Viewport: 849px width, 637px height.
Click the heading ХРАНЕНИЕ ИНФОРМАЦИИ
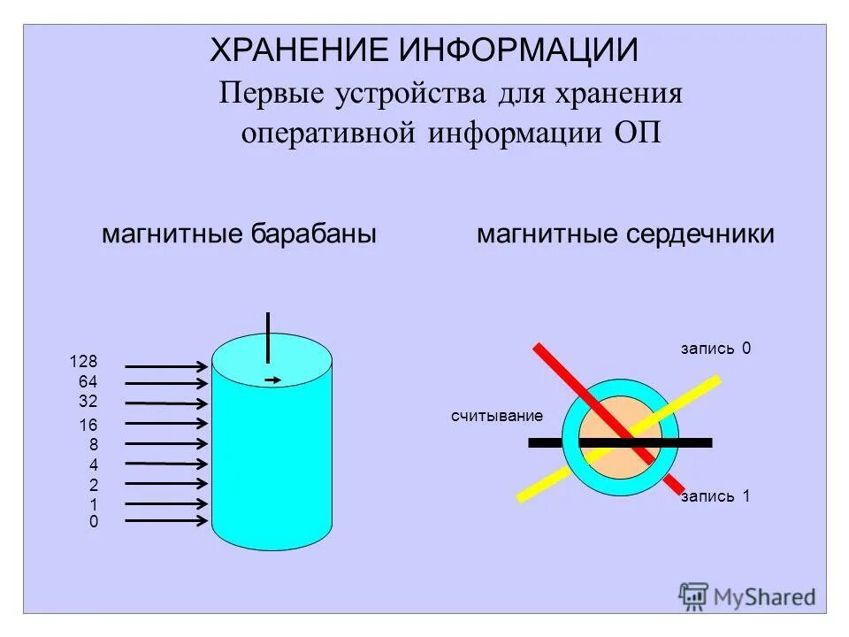click(424, 50)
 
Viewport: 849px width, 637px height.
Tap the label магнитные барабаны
click(240, 234)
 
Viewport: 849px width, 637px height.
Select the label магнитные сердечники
click(625, 234)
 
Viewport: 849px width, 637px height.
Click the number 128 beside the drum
click(84, 361)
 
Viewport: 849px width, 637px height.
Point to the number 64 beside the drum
click(88, 381)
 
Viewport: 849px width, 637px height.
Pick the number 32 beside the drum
click(88, 401)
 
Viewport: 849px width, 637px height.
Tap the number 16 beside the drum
click(88, 426)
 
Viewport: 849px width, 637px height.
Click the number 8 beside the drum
click(93, 445)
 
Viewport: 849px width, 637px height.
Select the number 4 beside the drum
click(93, 465)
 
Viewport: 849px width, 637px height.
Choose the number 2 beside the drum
click(93, 486)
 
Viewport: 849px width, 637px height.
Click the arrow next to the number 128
click(166, 365)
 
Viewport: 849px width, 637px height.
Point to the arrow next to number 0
click(166, 521)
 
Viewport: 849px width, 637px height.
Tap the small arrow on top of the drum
click(273, 380)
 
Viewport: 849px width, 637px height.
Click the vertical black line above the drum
click(267, 337)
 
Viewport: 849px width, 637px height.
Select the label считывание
click(496, 415)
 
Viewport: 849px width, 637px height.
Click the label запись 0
click(715, 349)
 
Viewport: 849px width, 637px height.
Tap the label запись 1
click(715, 496)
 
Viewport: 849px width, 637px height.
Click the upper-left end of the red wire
click(539, 347)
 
